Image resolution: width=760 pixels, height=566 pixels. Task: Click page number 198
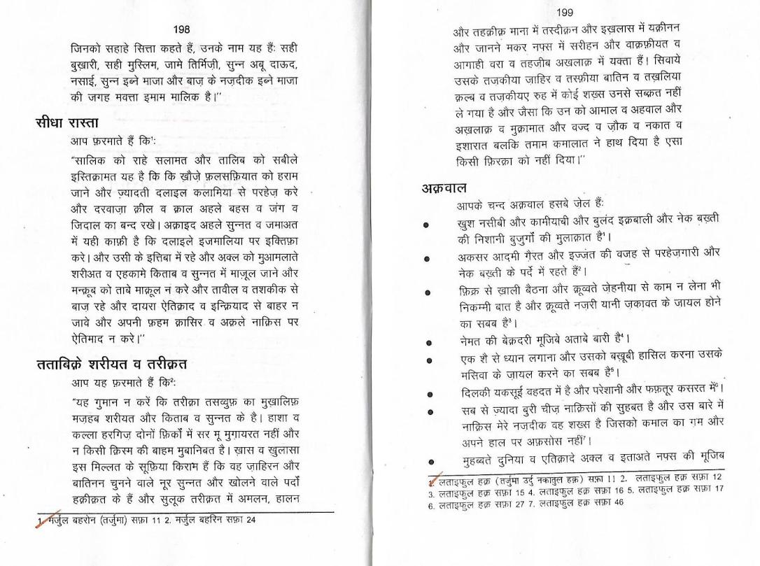point(181,29)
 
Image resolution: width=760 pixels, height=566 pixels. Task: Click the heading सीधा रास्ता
point(68,124)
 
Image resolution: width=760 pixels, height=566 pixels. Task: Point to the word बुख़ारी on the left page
point(90,65)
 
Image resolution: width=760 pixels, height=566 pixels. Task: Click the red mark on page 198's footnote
point(42,519)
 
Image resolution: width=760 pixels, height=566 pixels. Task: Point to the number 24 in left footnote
point(260,520)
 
